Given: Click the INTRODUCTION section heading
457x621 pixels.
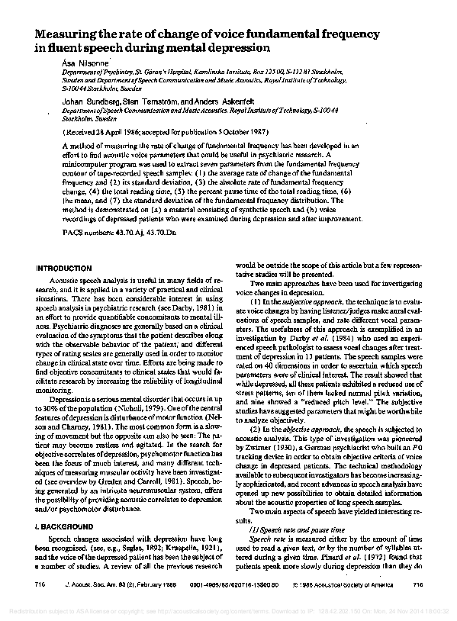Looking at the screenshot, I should pos(68,269).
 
